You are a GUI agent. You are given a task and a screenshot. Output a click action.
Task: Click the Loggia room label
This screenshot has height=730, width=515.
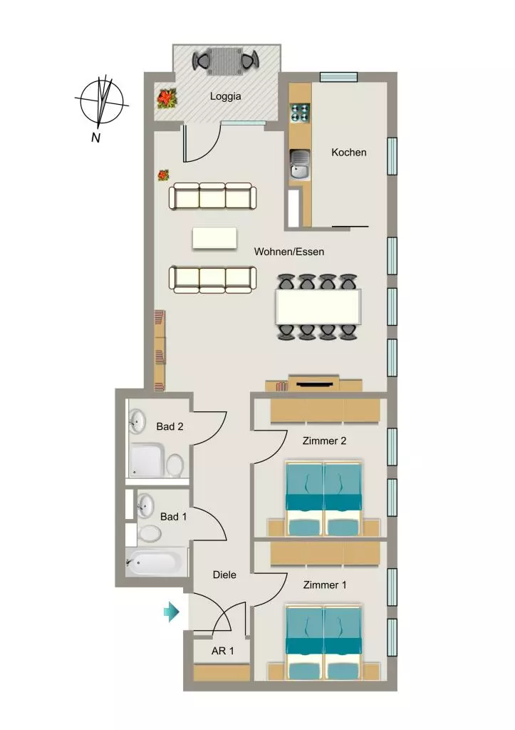tap(225, 96)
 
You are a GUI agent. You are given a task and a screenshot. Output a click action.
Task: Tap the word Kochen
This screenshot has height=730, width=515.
tap(349, 153)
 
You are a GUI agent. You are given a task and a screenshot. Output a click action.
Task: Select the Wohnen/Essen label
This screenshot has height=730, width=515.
tap(289, 252)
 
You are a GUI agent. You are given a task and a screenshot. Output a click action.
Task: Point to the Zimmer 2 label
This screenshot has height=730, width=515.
tap(324, 441)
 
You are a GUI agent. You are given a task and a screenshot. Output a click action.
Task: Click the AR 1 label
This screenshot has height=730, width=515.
tap(223, 651)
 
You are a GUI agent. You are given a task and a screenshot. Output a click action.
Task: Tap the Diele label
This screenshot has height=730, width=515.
tap(224, 575)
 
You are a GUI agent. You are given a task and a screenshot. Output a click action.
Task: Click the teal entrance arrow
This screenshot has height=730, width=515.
tap(171, 612)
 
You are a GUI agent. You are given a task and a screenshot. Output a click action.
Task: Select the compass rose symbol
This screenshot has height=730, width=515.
tap(102, 101)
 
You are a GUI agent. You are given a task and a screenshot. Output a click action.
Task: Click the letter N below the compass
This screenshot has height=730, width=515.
tap(96, 138)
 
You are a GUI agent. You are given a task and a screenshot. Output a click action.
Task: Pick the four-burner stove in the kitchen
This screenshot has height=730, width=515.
tap(300, 113)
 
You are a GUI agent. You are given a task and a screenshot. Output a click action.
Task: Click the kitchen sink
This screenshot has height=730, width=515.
tap(300, 165)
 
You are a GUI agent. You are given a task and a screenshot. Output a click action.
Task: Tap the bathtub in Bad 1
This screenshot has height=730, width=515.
tap(154, 562)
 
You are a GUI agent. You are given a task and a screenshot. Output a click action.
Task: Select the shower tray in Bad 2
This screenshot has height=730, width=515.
tap(147, 460)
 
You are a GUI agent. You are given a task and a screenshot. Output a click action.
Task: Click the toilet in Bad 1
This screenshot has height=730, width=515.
tap(148, 533)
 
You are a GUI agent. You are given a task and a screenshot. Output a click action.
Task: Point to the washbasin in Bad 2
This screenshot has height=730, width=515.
tap(137, 421)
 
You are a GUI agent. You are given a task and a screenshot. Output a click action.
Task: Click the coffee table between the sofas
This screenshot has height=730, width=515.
tap(214, 238)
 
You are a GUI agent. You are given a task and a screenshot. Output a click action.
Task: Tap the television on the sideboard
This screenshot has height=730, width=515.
tap(315, 384)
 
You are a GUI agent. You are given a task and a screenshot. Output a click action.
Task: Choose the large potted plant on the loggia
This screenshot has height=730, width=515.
tap(166, 98)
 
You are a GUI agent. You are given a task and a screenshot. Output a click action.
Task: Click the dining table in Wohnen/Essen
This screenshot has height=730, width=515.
tap(318, 307)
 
